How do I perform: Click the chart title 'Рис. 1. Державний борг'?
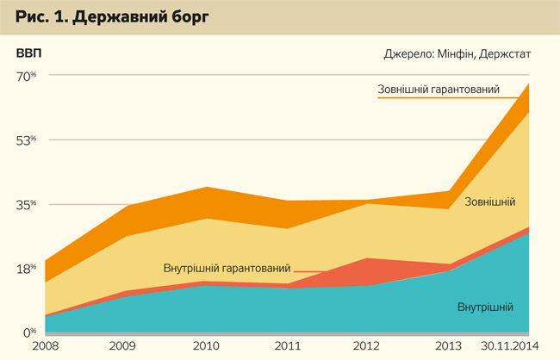[111, 16]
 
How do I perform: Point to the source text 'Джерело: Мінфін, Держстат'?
[457, 53]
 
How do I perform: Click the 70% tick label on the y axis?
[26, 76]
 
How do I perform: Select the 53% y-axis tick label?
[26, 140]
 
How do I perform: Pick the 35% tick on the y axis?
[26, 205]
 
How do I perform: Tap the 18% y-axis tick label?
[26, 269]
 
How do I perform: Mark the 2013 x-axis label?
[449, 346]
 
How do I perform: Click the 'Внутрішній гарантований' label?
[227, 269]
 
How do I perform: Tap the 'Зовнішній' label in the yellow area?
[490, 202]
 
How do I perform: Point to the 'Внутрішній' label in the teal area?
[486, 307]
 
